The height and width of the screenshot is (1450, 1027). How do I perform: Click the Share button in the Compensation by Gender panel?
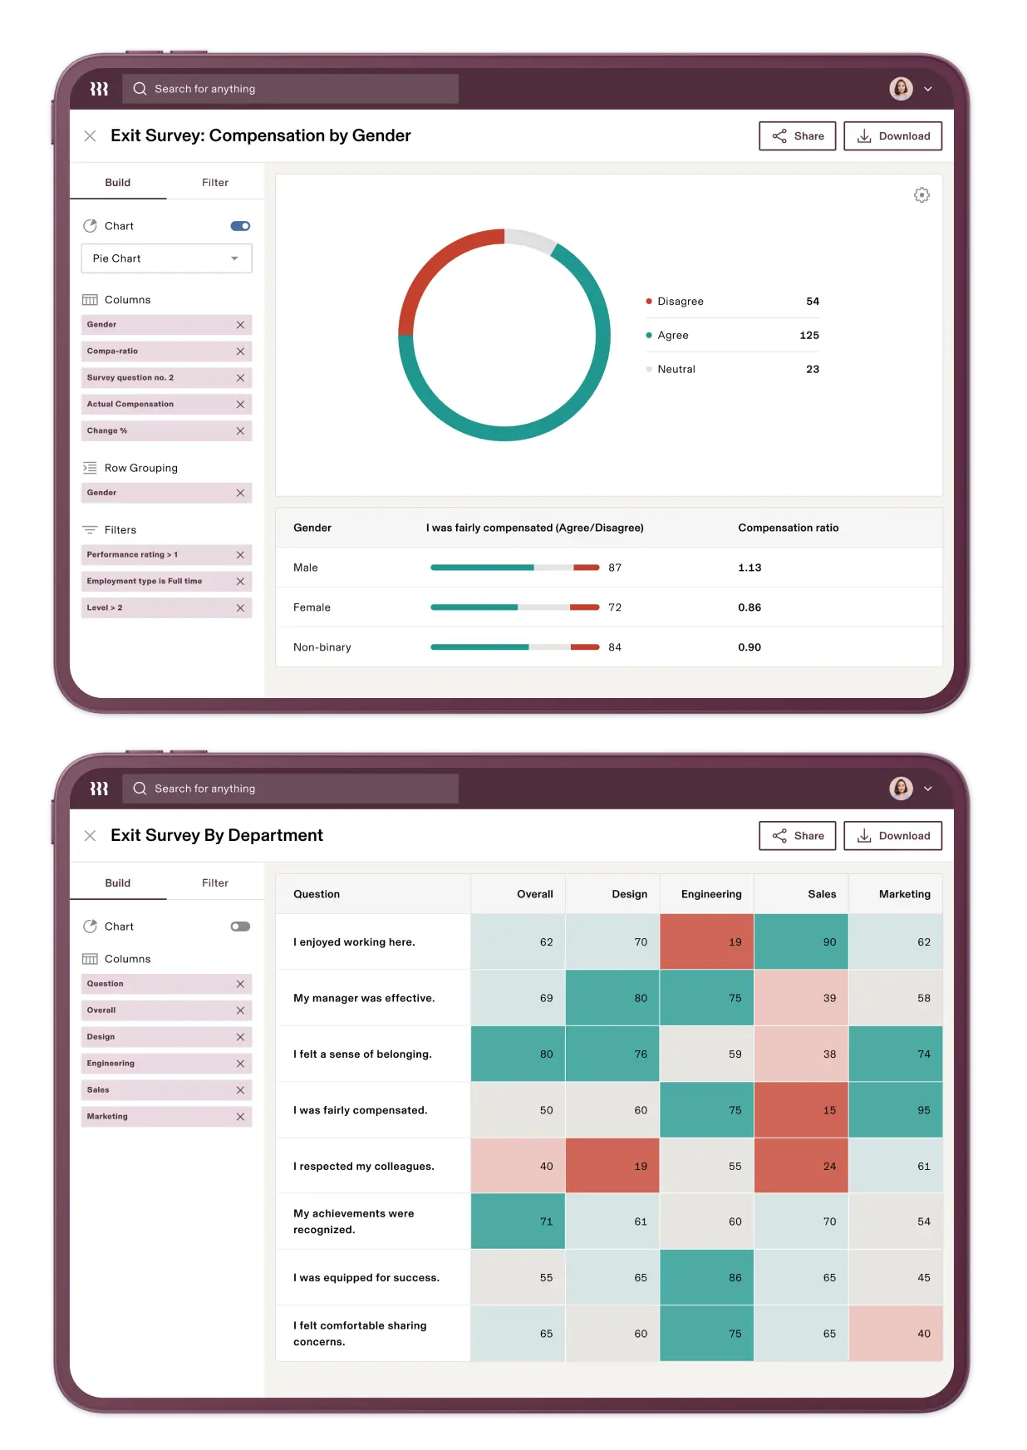click(797, 136)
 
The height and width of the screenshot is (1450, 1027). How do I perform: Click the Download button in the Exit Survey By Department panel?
click(892, 836)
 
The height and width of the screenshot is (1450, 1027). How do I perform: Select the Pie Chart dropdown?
click(166, 258)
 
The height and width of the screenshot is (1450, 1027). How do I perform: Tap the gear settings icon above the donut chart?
click(921, 195)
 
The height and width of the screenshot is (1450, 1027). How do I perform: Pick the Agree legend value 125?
click(808, 335)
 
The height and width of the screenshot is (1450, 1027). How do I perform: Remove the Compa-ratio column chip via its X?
click(240, 351)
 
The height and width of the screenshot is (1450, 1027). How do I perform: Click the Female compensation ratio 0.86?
click(749, 607)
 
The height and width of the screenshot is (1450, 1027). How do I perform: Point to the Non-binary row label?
click(322, 647)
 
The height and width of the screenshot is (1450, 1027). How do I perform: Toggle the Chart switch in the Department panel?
click(240, 927)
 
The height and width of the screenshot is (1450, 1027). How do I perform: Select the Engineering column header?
click(710, 894)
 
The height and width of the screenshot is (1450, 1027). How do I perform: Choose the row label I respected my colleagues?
click(363, 1167)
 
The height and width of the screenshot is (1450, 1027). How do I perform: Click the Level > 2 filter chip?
click(158, 608)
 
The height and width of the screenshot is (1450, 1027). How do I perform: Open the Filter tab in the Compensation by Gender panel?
click(214, 183)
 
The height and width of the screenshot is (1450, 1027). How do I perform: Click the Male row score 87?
click(615, 568)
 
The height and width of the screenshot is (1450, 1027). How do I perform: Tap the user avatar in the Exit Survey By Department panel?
click(901, 789)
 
